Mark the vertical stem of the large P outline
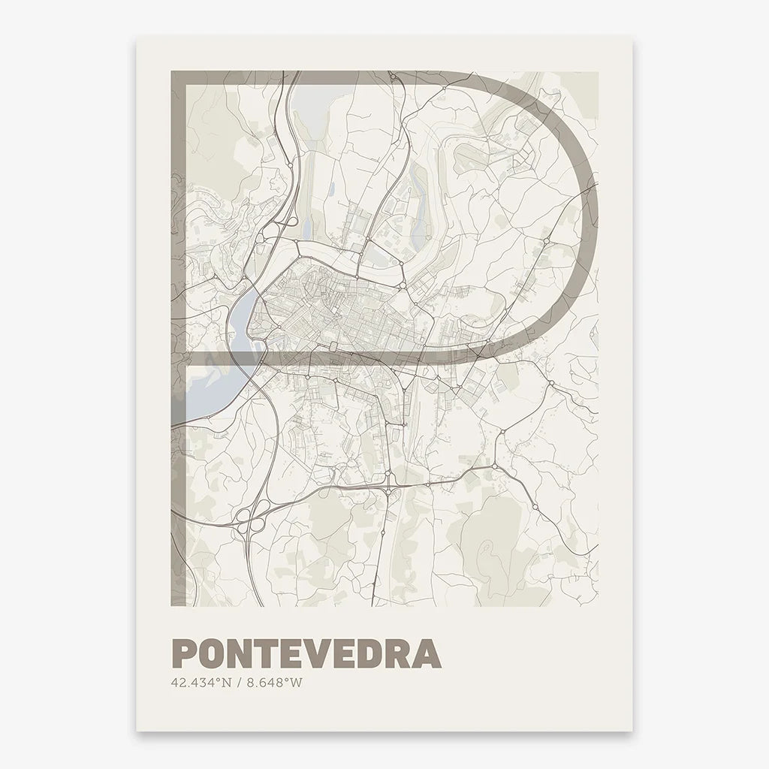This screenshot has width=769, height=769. [x=178, y=338]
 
